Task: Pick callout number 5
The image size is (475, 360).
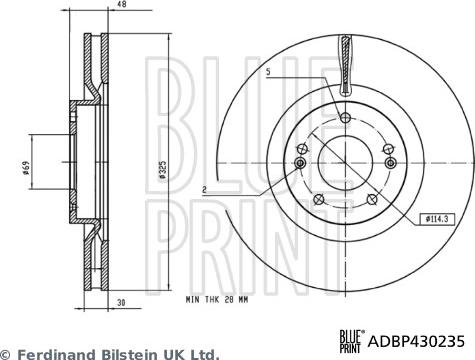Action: (268, 70)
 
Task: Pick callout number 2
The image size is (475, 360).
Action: (203, 187)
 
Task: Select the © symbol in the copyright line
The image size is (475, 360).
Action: (7, 353)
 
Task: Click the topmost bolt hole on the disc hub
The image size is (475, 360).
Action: (345, 118)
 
